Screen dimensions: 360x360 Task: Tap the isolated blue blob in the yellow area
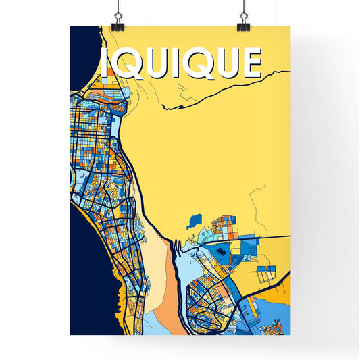195,220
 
